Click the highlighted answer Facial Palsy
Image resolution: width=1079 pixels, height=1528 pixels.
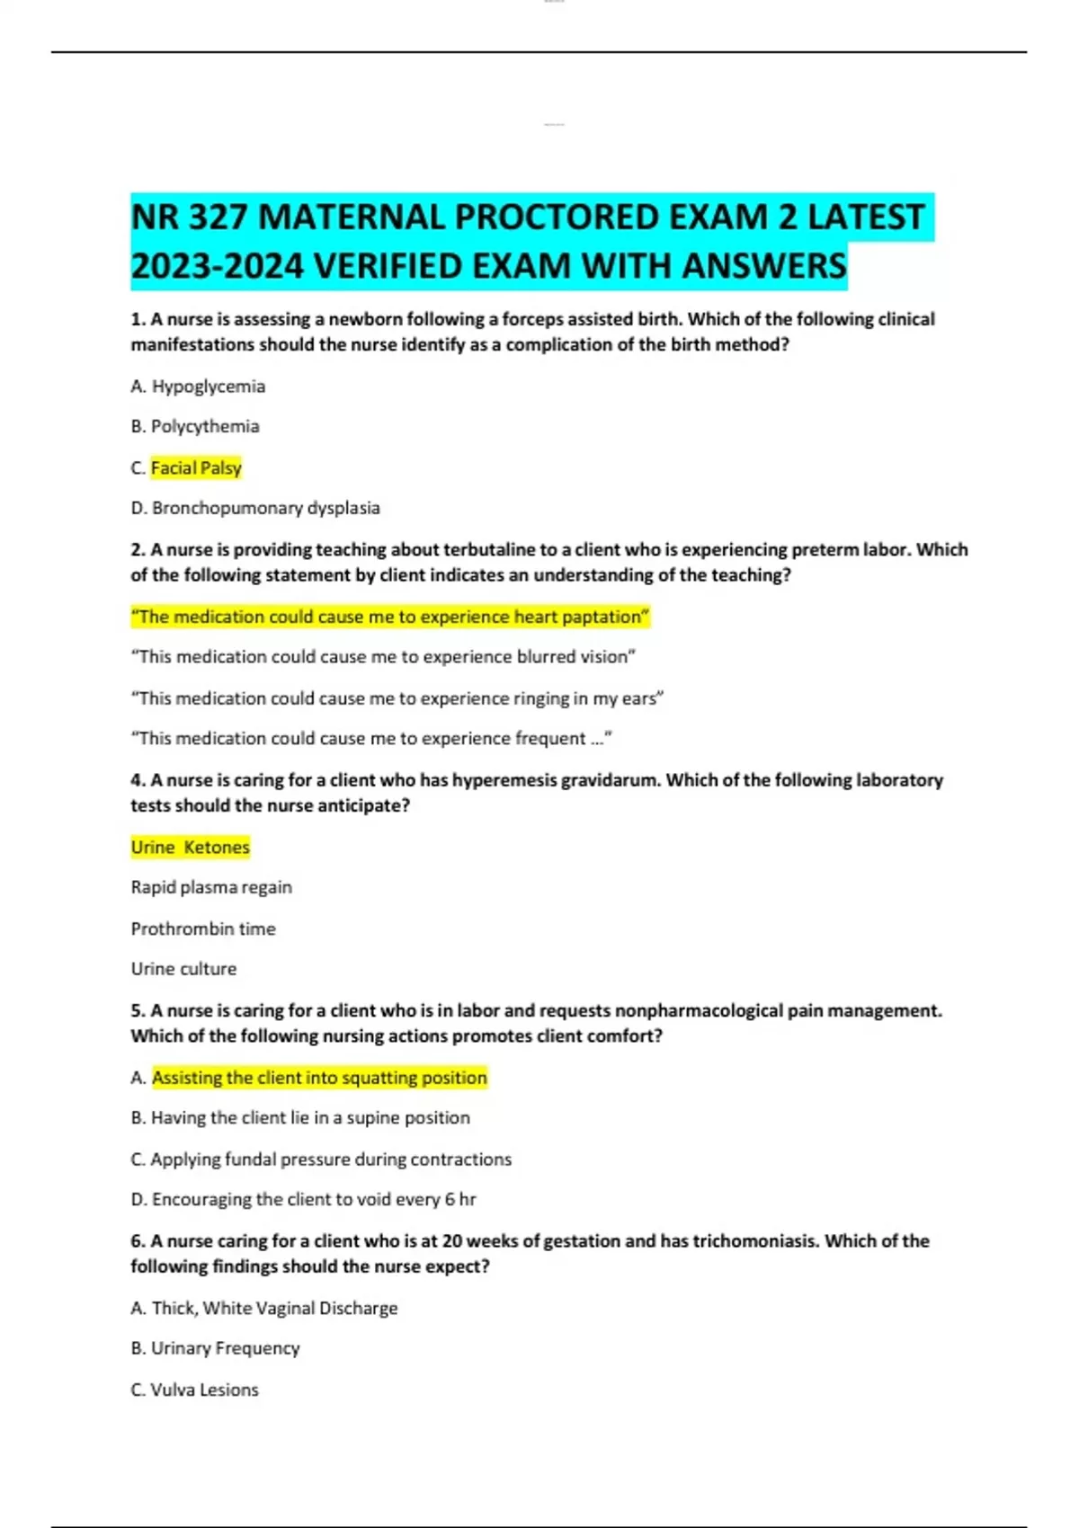coord(196,467)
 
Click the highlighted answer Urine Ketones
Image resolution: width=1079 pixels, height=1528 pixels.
coord(191,847)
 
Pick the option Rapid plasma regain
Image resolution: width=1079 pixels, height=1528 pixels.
coord(211,887)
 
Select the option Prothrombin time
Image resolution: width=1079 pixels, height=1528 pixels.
coord(203,928)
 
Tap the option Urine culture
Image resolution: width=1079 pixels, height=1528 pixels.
coord(183,969)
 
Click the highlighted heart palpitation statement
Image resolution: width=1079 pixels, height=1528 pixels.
coord(390,617)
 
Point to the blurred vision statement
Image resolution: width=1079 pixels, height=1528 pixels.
coord(384,657)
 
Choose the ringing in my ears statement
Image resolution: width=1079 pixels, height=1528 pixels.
coord(397,698)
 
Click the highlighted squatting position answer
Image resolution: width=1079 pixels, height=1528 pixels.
coord(319,1078)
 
